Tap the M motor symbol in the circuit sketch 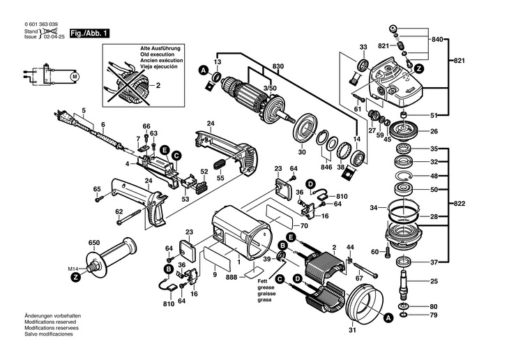77,75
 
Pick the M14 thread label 71,269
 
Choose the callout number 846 326,167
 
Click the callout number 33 363,47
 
